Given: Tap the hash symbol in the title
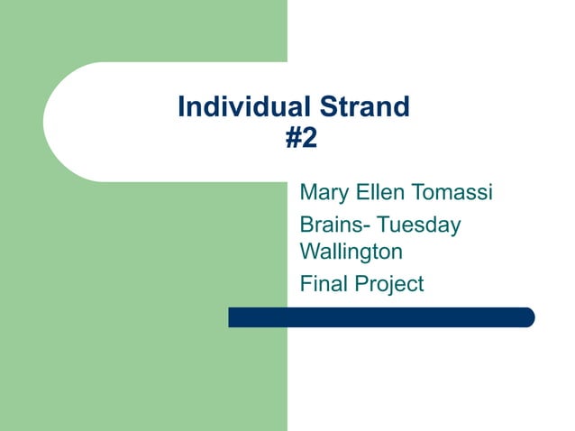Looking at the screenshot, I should pos(293,139).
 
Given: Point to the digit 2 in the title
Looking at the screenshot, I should pos(310,139).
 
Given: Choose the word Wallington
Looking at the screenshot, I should pos(351,251).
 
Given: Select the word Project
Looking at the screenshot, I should pos(388,285).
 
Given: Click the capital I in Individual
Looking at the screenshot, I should pos(182,108).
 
